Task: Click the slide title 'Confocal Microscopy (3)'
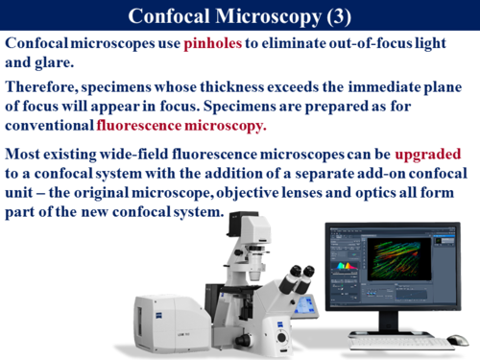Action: [x=240, y=17]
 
